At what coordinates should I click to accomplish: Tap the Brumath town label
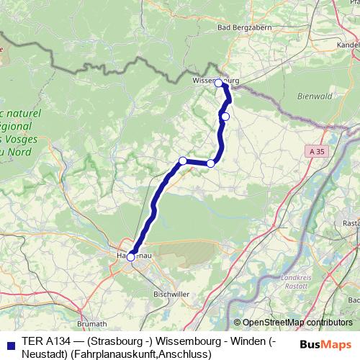click(x=91, y=324)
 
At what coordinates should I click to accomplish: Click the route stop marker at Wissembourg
click(x=219, y=84)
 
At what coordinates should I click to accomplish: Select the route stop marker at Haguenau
click(x=130, y=256)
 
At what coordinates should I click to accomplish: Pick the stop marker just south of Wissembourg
click(x=225, y=117)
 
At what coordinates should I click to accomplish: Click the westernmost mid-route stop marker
click(x=183, y=161)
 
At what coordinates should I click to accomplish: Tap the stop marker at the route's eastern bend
click(x=211, y=163)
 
